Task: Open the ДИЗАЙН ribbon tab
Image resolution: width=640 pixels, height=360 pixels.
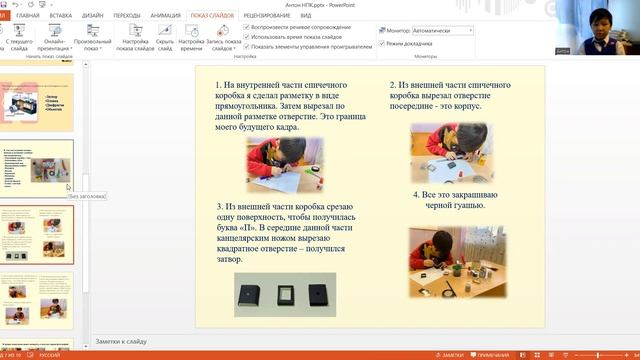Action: coord(93,17)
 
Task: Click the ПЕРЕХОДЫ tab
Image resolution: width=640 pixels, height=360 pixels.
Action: coord(127,17)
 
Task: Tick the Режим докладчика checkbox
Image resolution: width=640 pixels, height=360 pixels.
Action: coord(381,44)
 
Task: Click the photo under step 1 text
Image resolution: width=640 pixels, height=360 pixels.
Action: coord(285,163)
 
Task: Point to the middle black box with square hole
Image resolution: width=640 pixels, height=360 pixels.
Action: coord(285,293)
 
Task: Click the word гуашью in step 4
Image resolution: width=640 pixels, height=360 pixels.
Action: coord(468,206)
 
